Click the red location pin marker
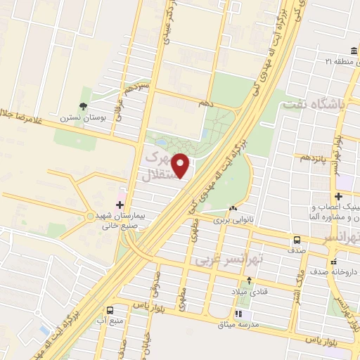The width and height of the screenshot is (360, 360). [x=182, y=166]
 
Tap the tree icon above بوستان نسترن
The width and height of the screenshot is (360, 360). [x=84, y=106]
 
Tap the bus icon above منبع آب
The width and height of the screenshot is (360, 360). [x=110, y=310]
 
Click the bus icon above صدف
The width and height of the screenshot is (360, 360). [x=297, y=240]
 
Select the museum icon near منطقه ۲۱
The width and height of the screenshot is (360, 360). [x=352, y=52]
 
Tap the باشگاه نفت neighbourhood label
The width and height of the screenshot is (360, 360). [x=314, y=105]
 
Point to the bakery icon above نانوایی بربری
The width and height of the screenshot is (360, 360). [x=233, y=208]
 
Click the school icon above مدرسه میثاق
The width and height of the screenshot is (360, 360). [x=238, y=314]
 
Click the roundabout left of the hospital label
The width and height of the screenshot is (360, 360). [x=89, y=215]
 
